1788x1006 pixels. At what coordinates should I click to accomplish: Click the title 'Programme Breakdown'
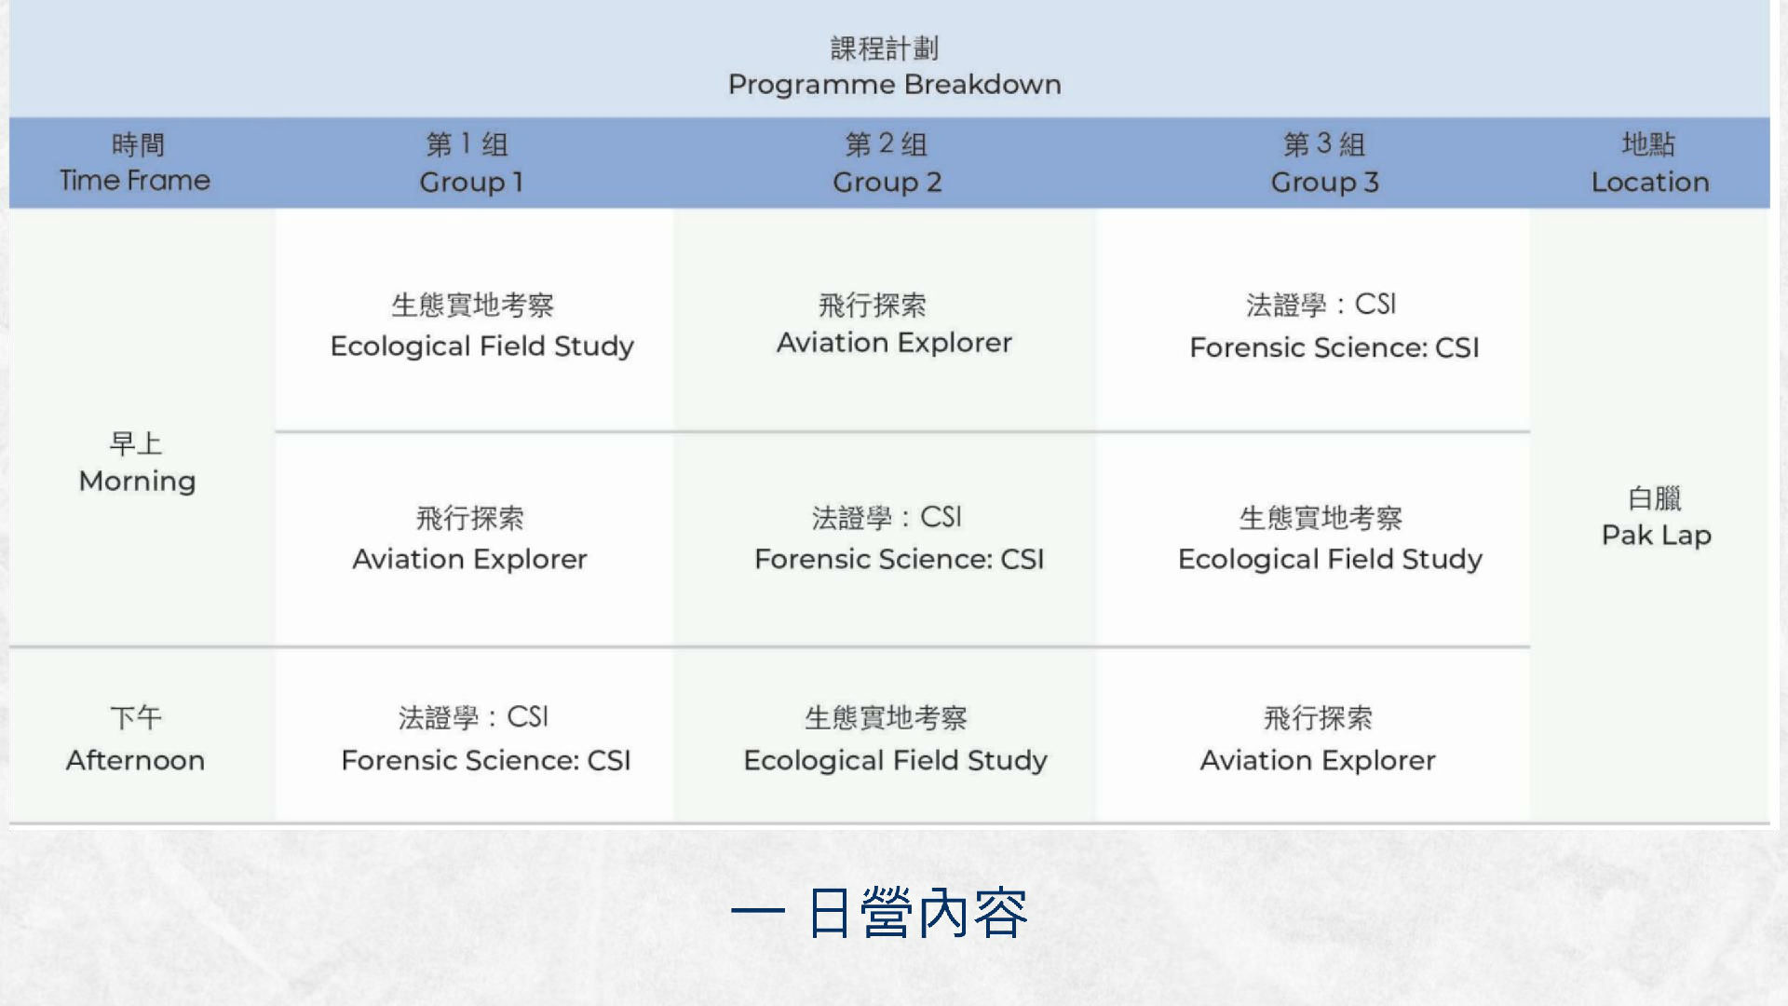tap(894, 85)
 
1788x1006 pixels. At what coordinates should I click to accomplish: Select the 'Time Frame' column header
tap(135, 180)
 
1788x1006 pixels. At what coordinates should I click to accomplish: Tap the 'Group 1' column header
tap(471, 182)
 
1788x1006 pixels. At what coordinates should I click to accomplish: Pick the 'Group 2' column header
tap(887, 182)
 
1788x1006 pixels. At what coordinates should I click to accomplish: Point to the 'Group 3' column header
tap(1325, 182)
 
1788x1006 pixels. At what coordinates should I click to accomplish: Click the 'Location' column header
tap(1650, 182)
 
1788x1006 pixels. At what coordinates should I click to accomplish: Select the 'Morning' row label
tap(138, 482)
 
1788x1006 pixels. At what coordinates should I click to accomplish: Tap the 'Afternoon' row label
tap(135, 760)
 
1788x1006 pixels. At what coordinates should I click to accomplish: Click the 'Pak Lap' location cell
tap(1657, 536)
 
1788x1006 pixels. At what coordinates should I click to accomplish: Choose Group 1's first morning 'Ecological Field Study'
tap(482, 347)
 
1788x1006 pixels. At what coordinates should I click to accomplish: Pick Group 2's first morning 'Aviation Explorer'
tap(894, 343)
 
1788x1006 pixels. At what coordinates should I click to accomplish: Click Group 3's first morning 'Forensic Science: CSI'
tap(1334, 347)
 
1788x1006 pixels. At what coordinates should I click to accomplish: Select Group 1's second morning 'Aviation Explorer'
tap(470, 559)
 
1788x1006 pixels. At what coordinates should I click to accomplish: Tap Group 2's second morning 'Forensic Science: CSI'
tap(900, 559)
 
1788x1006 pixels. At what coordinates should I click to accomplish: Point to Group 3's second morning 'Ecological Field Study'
tap(1331, 559)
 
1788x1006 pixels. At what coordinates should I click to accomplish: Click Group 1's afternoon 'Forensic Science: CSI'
tap(486, 760)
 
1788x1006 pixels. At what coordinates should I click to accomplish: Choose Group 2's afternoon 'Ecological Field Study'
tap(896, 760)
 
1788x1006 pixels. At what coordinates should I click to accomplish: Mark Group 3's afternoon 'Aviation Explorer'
tap(1318, 760)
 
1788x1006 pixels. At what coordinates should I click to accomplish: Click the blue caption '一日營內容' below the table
tap(880, 913)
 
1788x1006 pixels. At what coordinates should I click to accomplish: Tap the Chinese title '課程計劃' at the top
tap(885, 48)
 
